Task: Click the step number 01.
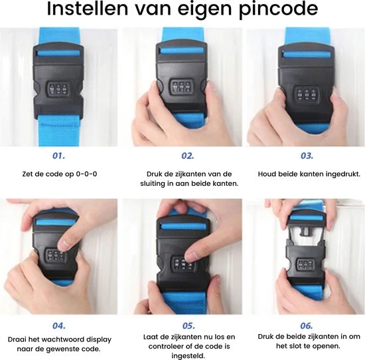tap(58, 155)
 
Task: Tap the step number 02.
tap(188, 155)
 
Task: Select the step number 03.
tap(307, 155)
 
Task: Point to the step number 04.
tap(59, 325)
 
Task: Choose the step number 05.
tap(188, 325)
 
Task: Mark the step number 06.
tap(307, 325)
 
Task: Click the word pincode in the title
tap(279, 9)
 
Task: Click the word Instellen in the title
tap(88, 9)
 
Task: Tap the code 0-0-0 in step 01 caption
tap(86, 174)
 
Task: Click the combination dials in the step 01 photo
tap(58, 89)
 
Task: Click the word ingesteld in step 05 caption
tap(188, 356)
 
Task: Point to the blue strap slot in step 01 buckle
tap(58, 53)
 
